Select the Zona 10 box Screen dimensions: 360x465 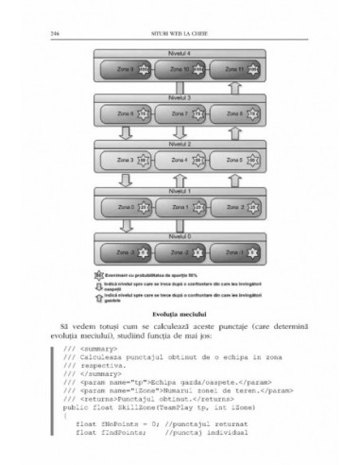point(180,70)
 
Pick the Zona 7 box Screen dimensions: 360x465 point(180,115)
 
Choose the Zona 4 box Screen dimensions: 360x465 point(180,161)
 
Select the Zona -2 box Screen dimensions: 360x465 point(180,251)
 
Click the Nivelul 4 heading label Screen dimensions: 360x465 point(180,53)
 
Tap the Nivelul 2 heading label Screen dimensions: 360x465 point(180,144)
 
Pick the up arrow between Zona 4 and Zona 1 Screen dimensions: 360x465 point(180,183)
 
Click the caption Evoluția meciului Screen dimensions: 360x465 point(180,312)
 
